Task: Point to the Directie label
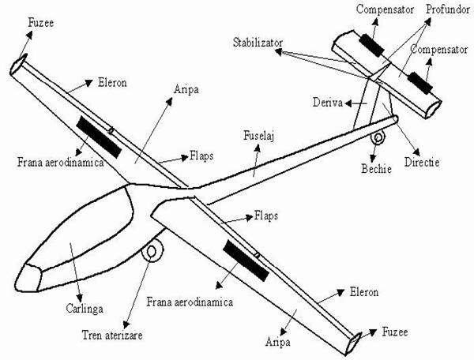[420, 162]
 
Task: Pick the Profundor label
[447, 9]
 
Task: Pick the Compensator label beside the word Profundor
[384, 9]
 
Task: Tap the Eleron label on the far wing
[113, 81]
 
